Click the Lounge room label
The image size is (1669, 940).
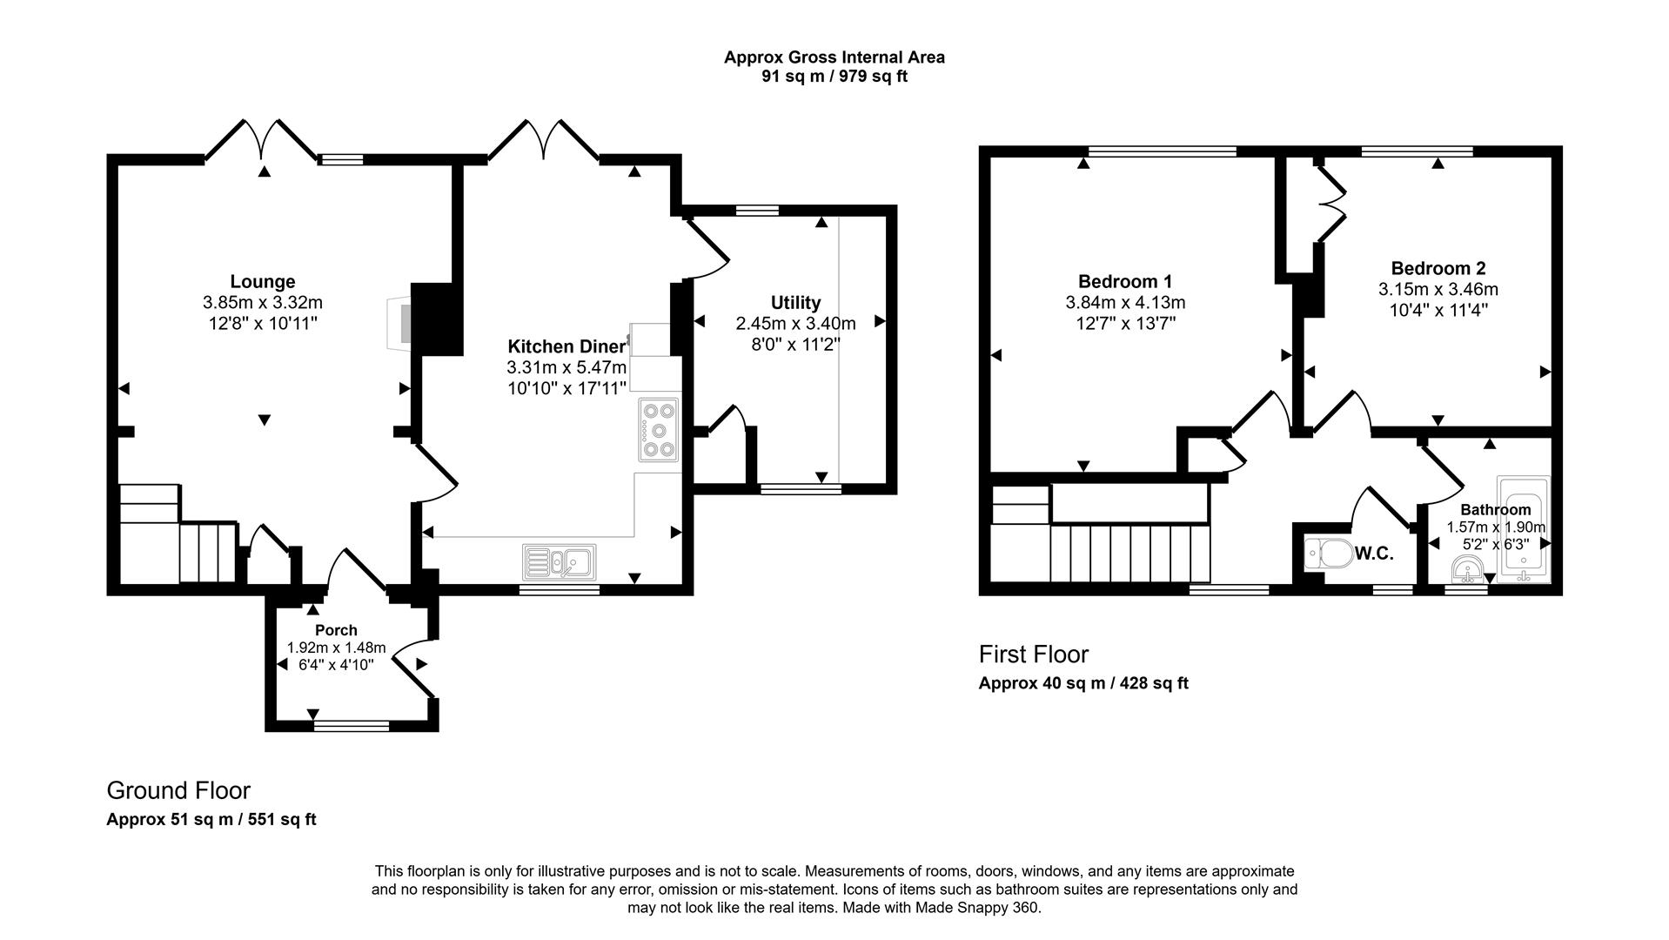pyautogui.click(x=262, y=282)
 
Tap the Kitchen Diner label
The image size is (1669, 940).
pyautogui.click(x=566, y=346)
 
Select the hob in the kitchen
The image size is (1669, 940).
pyautogui.click(x=659, y=429)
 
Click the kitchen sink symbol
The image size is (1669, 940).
pyautogui.click(x=559, y=561)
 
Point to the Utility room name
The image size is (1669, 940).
pyautogui.click(x=795, y=303)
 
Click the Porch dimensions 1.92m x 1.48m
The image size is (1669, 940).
pyautogui.click(x=336, y=648)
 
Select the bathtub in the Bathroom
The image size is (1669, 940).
pyautogui.click(x=1522, y=529)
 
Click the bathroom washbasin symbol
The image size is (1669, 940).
pyautogui.click(x=1468, y=571)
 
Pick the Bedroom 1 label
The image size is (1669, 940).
pyautogui.click(x=1124, y=282)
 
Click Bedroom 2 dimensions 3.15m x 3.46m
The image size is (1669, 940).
pyautogui.click(x=1438, y=290)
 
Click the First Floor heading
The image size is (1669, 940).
pyautogui.click(x=1033, y=655)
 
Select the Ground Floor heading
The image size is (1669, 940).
pyautogui.click(x=178, y=790)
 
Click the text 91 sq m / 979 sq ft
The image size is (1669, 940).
pyautogui.click(x=834, y=77)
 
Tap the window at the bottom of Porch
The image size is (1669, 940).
pyautogui.click(x=352, y=725)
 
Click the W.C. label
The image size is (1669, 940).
pyautogui.click(x=1374, y=554)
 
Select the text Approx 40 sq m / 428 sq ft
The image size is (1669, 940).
pyautogui.click(x=1083, y=683)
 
